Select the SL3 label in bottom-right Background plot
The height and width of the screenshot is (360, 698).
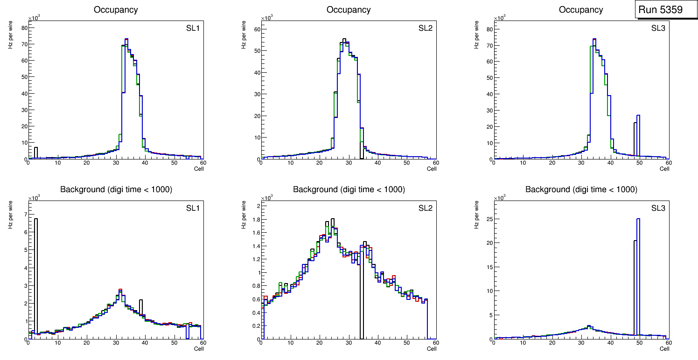[x=658, y=208]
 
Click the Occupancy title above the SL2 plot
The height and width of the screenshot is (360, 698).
[x=349, y=10]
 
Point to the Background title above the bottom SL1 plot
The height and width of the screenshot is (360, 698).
[x=116, y=189]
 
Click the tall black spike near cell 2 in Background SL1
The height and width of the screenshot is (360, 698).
[x=36, y=270]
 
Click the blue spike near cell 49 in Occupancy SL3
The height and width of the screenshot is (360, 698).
[x=638, y=135]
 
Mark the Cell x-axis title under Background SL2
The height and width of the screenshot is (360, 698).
[x=432, y=348]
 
